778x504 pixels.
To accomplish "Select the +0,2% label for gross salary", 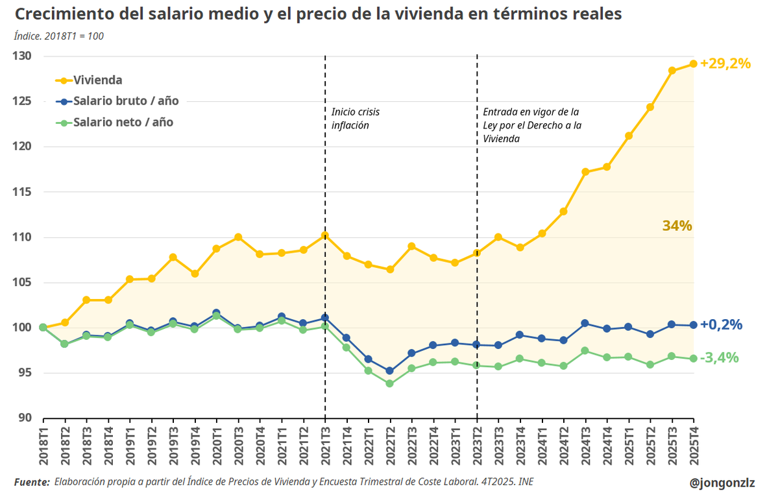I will pos(721,325).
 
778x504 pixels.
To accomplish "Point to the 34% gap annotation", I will pos(677,226).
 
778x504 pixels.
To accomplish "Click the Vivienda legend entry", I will pos(97,80).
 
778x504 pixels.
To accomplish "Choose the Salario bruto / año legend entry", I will pos(125,101).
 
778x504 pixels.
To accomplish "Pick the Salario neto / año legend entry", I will pos(123,122).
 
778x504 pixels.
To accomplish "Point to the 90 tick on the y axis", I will pos(25,418).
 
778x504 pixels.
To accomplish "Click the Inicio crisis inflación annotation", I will pos(355,119).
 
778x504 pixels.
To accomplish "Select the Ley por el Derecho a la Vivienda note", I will pos(531,125).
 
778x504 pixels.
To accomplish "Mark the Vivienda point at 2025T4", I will pos(693,64).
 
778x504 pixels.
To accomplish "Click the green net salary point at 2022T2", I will pos(390,383).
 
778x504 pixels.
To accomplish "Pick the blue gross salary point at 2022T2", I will pos(390,371).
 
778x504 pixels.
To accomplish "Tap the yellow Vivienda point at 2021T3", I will pos(325,235).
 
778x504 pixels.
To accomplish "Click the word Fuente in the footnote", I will pos(31,482).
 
